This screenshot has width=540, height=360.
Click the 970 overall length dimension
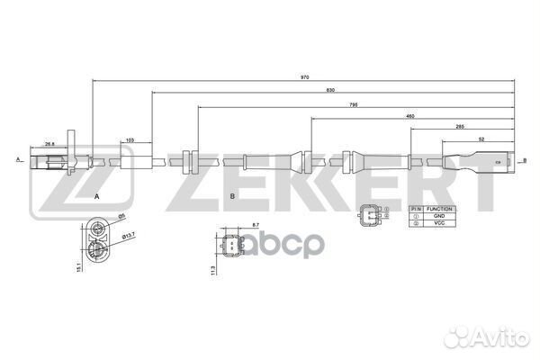[x=305, y=77]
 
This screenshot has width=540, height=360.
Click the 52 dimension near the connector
[x=483, y=139]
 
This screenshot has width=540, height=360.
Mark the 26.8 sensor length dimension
[x=49, y=143]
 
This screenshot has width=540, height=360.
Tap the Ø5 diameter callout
[x=122, y=216]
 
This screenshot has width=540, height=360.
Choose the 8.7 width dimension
[x=230, y=224]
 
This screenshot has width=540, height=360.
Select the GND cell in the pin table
[x=438, y=216]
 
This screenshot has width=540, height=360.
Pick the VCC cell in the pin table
[x=438, y=223]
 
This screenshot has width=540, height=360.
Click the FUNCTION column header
[x=438, y=209]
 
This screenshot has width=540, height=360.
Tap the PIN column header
[x=415, y=209]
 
